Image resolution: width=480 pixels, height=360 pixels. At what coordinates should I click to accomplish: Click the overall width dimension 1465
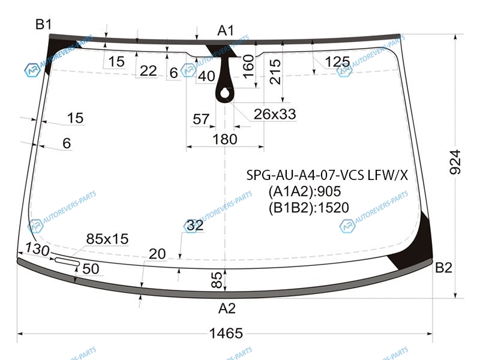[x=226, y=333]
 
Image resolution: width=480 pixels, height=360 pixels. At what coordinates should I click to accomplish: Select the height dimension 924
[x=455, y=162]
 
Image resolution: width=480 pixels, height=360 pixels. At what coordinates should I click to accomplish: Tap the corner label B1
[x=43, y=24]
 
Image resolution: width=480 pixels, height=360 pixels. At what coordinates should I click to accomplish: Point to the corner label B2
[x=443, y=268]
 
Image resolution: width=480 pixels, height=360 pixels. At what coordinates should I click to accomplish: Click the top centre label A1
[x=226, y=31]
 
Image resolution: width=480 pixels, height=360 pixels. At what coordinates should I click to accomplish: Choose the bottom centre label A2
[x=227, y=308]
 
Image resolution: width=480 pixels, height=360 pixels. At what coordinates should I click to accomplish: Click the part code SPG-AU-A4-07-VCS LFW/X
[x=327, y=175]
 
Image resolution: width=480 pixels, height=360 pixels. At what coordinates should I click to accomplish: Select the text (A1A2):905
[x=305, y=191]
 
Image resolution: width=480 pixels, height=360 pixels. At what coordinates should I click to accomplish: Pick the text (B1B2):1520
[x=309, y=208]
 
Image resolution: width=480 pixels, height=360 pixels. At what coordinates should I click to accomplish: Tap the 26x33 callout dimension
[x=275, y=114]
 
